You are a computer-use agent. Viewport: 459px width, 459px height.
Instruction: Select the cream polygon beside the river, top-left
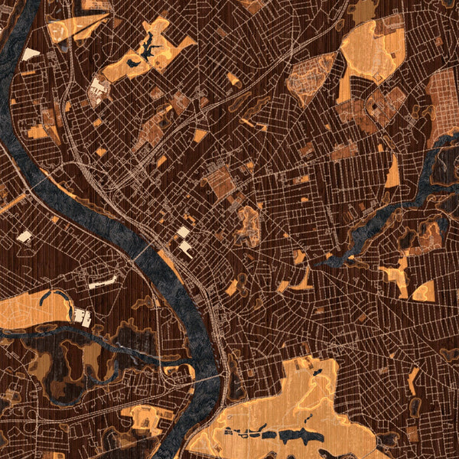point(31,54)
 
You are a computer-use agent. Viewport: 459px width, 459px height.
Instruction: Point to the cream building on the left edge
point(24,237)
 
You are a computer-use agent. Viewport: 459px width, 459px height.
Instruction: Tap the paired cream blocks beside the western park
point(82,316)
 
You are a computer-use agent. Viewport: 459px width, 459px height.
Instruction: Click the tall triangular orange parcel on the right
point(393,173)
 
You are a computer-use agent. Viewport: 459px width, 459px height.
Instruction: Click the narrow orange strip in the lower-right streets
point(413,380)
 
